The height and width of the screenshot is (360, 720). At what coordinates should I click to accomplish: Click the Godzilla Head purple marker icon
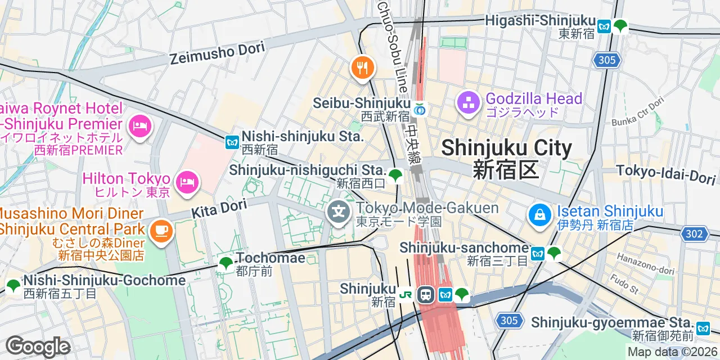(467, 102)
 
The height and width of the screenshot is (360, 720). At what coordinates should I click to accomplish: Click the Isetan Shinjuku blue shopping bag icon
(539, 215)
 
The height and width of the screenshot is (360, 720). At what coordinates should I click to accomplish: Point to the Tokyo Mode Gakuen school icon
(339, 213)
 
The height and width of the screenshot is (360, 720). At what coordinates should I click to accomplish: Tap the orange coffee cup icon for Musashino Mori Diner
(161, 231)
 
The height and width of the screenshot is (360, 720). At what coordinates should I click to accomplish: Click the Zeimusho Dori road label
(217, 53)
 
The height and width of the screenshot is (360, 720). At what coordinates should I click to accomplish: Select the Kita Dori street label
(219, 209)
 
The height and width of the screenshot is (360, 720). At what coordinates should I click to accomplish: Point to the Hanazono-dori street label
(645, 264)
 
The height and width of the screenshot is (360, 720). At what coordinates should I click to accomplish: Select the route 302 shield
(693, 233)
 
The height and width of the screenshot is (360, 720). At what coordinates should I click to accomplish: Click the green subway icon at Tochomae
(226, 262)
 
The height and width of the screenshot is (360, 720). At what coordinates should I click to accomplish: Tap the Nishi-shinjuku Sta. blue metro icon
(232, 142)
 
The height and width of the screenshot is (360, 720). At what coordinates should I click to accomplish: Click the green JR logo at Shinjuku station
(406, 294)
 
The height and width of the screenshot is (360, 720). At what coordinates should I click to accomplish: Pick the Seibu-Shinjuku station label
(362, 103)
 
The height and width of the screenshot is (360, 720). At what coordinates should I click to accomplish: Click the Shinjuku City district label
(506, 148)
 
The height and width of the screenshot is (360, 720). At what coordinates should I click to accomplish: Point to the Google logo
(38, 346)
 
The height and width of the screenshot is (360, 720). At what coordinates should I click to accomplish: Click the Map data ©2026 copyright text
(673, 352)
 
